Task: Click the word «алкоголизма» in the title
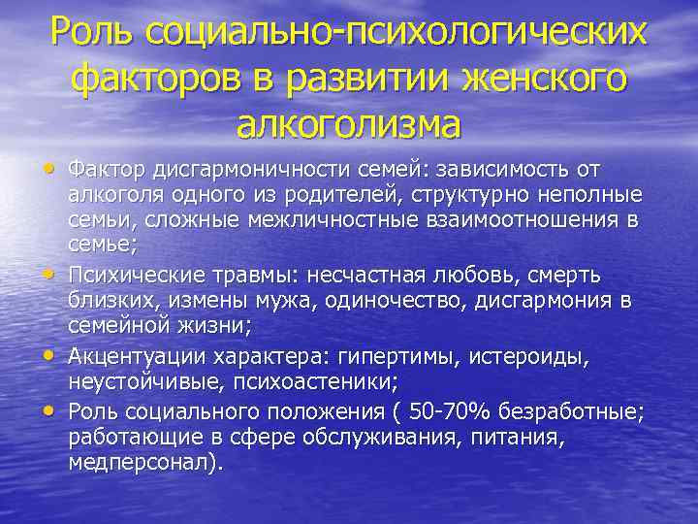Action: (x=348, y=123)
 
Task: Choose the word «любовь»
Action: (x=467, y=266)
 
